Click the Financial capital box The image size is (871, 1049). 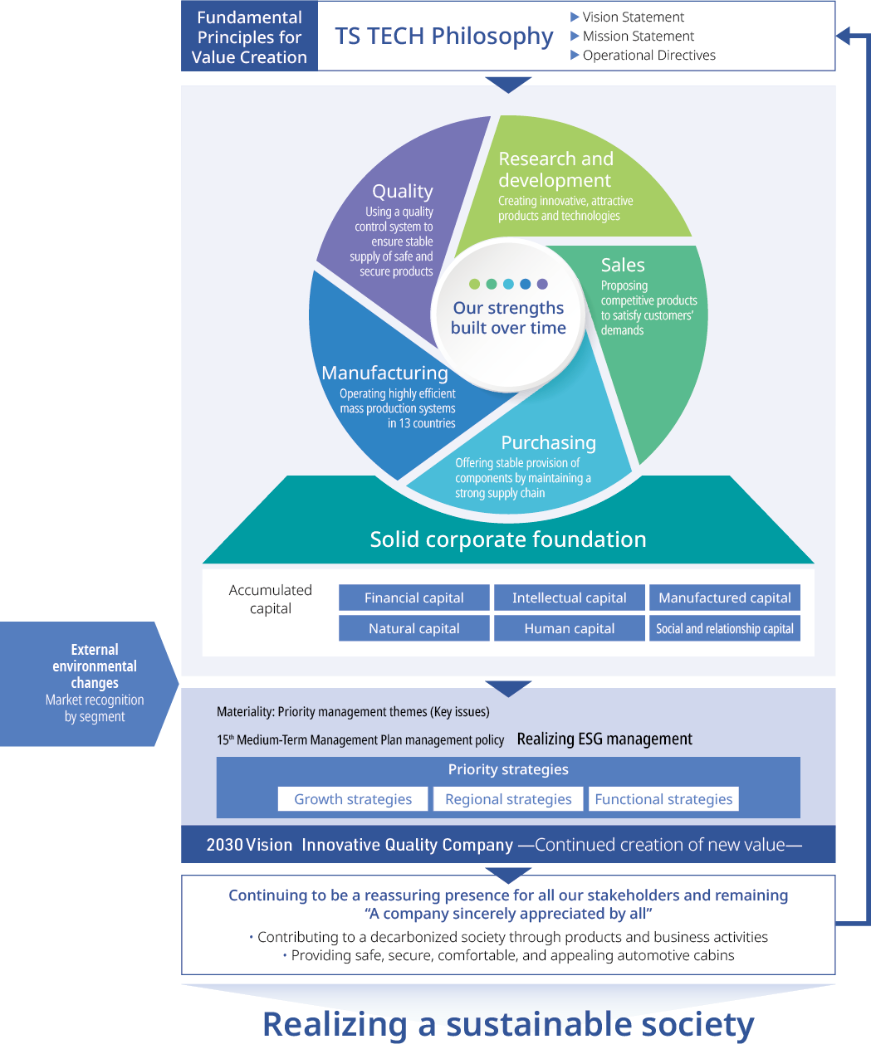[x=413, y=598]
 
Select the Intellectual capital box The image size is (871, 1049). [x=569, y=598]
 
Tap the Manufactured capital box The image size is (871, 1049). [x=724, y=598]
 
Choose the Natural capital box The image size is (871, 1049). [x=413, y=628]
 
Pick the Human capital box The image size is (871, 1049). [x=569, y=628]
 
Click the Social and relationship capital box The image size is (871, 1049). [x=724, y=628]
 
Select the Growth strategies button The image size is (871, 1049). [x=353, y=799]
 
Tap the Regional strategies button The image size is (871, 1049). [x=508, y=799]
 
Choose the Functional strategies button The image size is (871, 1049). [x=663, y=799]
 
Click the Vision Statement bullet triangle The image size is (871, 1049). [x=575, y=17]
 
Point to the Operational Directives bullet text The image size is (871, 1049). [x=648, y=55]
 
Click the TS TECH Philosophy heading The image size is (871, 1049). [x=443, y=36]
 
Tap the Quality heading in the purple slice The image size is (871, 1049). [x=403, y=191]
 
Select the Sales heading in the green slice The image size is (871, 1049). [x=623, y=265]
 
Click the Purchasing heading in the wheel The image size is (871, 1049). [x=548, y=442]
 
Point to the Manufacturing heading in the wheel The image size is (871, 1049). [x=384, y=373]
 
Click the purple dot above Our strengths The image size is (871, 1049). [x=542, y=284]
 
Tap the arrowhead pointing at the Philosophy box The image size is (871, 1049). [x=844, y=36]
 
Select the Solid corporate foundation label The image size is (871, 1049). [x=508, y=539]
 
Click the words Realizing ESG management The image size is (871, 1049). [x=604, y=739]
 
